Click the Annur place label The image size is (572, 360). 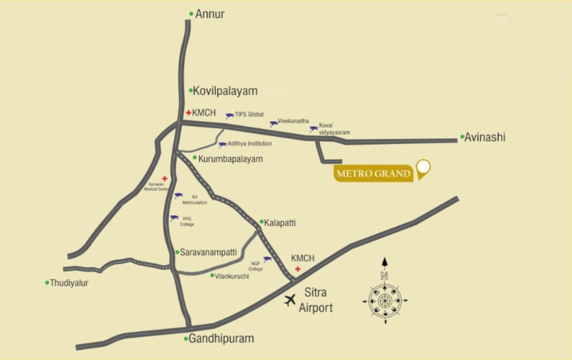pyautogui.click(x=209, y=15)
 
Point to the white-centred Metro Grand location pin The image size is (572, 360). pyautogui.click(x=423, y=167)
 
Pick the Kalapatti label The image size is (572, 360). pyautogui.click(x=280, y=223)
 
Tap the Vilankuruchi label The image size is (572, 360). pyautogui.click(x=232, y=277)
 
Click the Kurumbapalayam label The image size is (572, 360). pyautogui.click(x=230, y=159)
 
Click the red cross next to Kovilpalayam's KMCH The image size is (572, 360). pyautogui.click(x=188, y=112)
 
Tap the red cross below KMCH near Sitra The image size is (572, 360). pyautogui.click(x=297, y=269)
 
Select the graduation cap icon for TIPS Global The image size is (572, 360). pyautogui.click(x=230, y=115)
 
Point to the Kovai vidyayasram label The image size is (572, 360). pyautogui.click(x=334, y=129)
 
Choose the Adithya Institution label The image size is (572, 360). pyautogui.click(x=250, y=143)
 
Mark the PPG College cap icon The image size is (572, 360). pyautogui.click(x=174, y=218)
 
